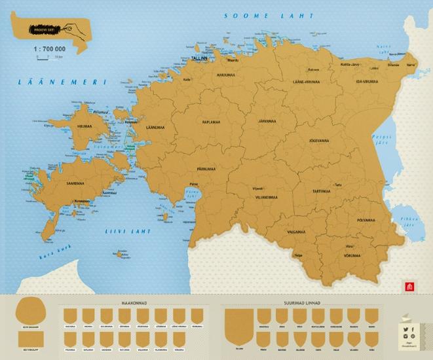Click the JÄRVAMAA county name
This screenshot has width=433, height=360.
[x=266, y=121]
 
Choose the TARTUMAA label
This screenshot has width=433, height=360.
[x=320, y=192]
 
